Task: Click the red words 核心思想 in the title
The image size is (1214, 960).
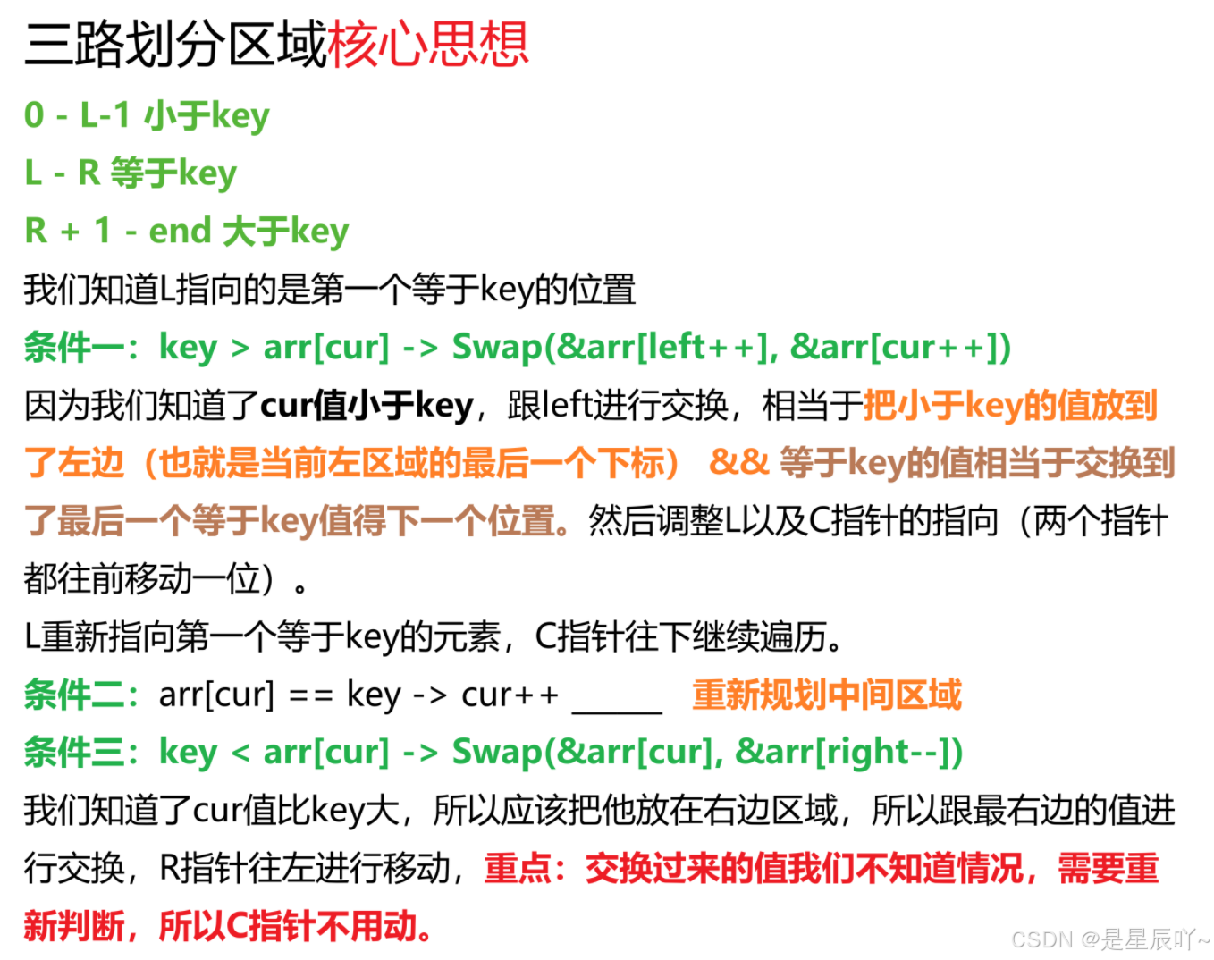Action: [428, 45]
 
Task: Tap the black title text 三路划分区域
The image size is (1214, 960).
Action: [175, 45]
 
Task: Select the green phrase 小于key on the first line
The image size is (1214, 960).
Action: [207, 115]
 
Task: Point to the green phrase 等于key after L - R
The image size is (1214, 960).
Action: [173, 173]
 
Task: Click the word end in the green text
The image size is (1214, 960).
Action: [180, 231]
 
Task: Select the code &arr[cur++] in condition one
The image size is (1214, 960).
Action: [895, 347]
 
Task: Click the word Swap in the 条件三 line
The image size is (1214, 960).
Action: [497, 752]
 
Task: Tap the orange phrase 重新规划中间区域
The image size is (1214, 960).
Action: [826, 695]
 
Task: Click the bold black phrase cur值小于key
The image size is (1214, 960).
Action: [367, 405]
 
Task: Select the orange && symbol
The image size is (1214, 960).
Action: [738, 462]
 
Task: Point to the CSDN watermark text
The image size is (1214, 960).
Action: [1041, 939]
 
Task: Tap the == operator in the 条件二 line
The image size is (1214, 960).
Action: [310, 695]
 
